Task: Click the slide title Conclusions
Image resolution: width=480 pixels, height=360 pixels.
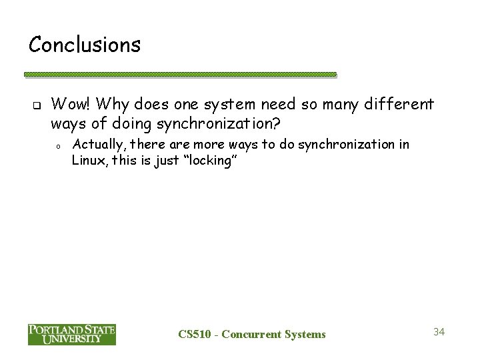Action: tap(85, 45)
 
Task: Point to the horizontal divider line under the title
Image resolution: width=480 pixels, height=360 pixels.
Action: tap(180, 75)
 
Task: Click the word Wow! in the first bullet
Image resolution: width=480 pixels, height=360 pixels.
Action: tap(70, 104)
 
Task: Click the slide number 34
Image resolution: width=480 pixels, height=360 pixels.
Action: tap(438, 331)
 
